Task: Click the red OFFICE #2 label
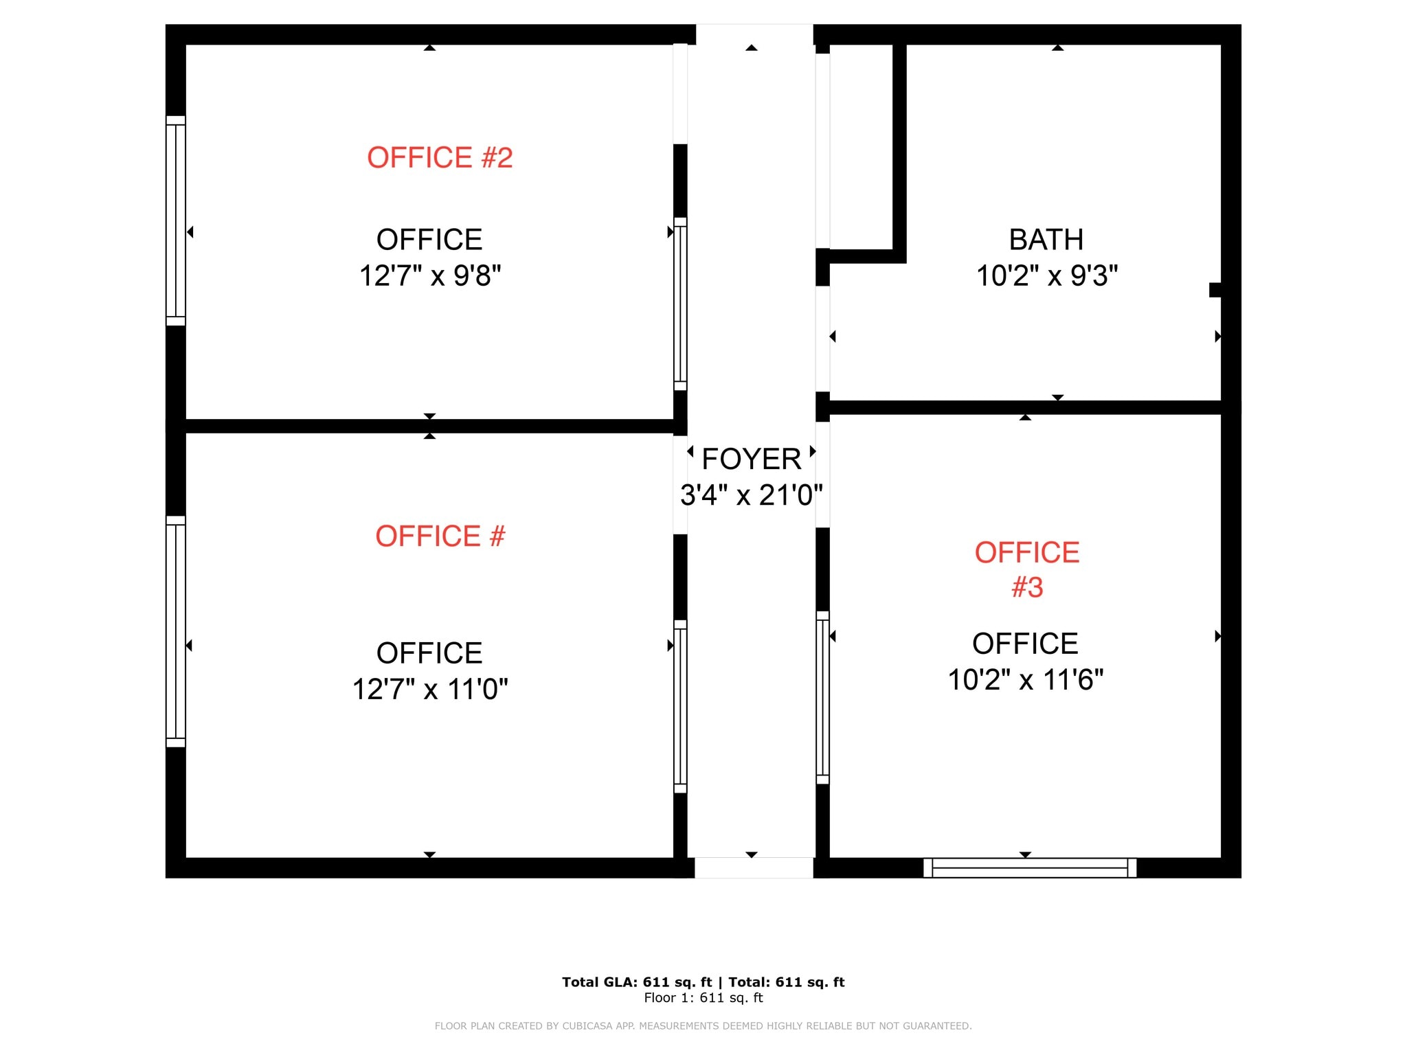coord(440,157)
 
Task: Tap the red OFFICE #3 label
coord(1027,569)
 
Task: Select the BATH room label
coord(1046,240)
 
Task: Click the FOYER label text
coord(751,459)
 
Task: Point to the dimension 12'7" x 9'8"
coord(430,275)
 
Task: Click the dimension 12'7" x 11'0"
coord(430,689)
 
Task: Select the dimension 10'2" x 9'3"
coord(1046,275)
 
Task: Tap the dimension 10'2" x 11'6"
coord(1025,680)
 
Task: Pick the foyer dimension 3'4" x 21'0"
coord(751,495)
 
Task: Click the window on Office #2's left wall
coord(176,220)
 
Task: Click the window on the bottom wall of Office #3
coord(1029,867)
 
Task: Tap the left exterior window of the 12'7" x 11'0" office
coord(176,631)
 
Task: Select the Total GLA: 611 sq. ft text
coord(637,982)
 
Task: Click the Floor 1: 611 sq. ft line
coord(703,998)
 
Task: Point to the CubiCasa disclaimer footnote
coord(703,1026)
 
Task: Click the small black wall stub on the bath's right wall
coord(1215,290)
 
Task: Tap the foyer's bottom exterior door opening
coord(754,867)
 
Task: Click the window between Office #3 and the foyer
coord(822,697)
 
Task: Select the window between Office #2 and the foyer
coord(680,304)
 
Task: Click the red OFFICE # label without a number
coord(440,536)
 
